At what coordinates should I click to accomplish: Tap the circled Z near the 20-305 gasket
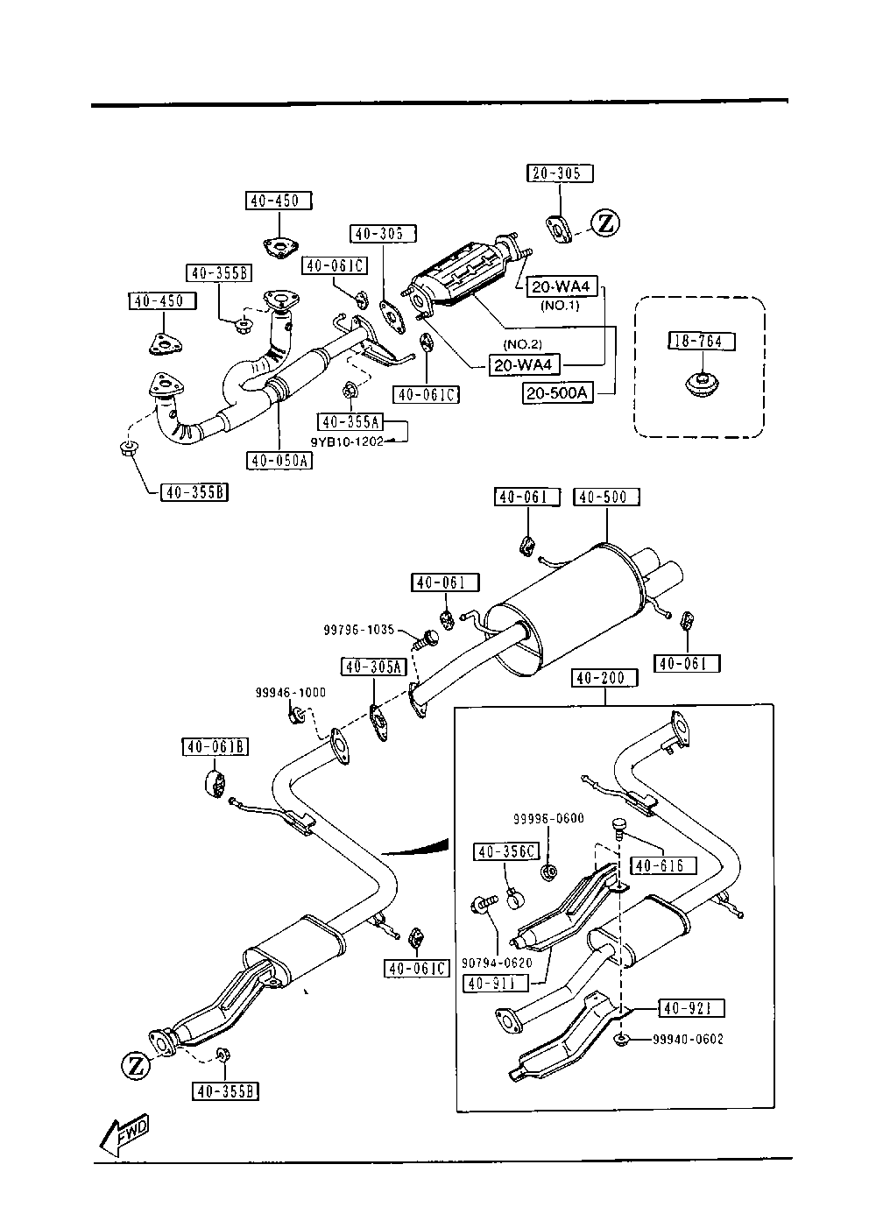[604, 224]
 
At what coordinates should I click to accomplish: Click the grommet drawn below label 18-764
[701, 384]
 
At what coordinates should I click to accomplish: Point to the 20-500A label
[558, 393]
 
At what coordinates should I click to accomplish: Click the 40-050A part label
[279, 460]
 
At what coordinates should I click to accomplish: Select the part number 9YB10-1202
[347, 441]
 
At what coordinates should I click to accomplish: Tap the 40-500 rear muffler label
[606, 498]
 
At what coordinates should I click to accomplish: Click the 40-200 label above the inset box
[604, 678]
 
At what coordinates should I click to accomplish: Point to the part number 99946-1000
[291, 692]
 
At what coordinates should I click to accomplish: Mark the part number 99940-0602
[688, 1040]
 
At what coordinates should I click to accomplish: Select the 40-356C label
[506, 851]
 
